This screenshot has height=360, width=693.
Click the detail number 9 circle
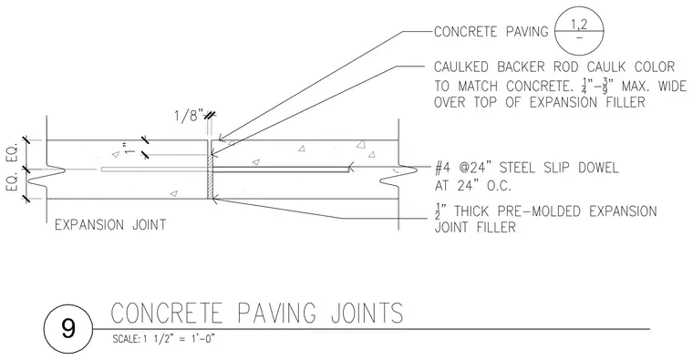pos(68,329)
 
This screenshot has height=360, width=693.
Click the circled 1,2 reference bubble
pos(579,32)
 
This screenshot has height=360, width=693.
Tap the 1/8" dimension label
pos(189,116)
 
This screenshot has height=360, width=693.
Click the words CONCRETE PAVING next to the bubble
pos(491,32)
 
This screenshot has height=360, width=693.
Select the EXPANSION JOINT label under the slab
pos(110,225)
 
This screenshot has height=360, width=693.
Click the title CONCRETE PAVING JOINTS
pos(257,313)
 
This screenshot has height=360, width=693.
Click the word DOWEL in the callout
pos(598,168)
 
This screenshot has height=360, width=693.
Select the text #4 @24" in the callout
pos(464,168)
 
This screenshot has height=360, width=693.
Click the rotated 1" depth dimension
pos(129,148)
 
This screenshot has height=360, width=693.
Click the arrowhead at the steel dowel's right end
pos(351,168)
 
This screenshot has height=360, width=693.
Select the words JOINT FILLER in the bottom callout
pos(475,228)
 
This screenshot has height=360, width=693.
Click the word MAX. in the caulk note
pos(637,86)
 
